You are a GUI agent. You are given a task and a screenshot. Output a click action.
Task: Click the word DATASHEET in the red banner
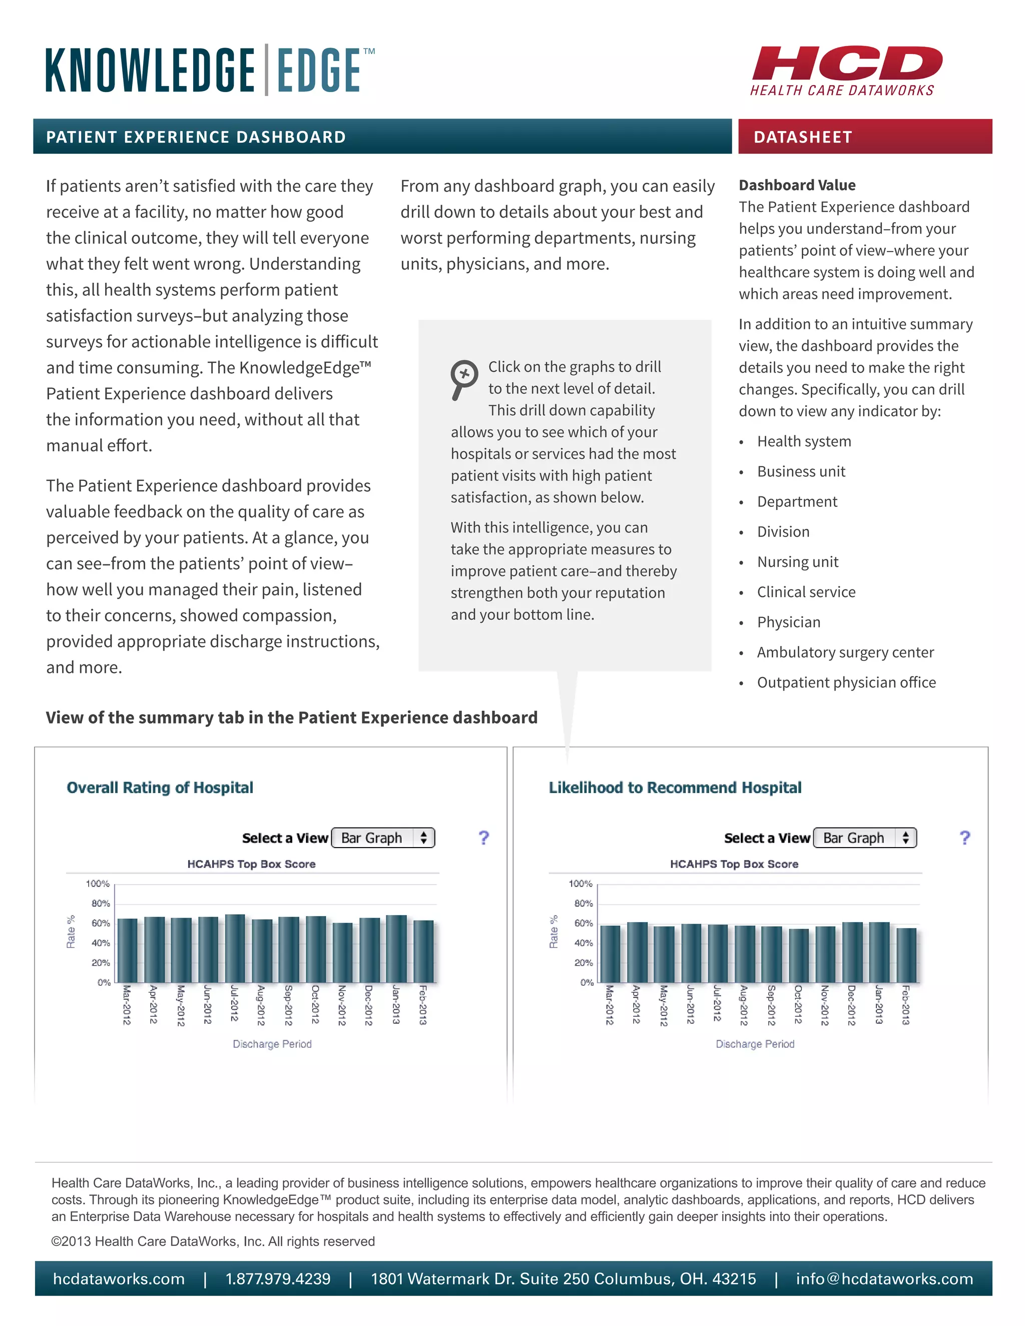803,137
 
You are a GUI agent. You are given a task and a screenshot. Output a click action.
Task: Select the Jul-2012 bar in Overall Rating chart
235,948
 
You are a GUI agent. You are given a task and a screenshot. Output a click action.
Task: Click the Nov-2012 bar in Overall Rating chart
342,952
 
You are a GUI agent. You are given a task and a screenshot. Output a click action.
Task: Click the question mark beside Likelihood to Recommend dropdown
964,838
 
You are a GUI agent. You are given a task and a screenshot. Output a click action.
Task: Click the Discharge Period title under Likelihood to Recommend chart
755,1044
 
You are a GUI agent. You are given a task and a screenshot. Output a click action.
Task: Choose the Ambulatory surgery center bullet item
845,652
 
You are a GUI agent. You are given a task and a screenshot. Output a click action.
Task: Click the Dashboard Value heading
797,185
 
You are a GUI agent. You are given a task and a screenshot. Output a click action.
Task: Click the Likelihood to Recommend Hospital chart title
675,788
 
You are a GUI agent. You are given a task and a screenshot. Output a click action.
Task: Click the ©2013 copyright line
213,1241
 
